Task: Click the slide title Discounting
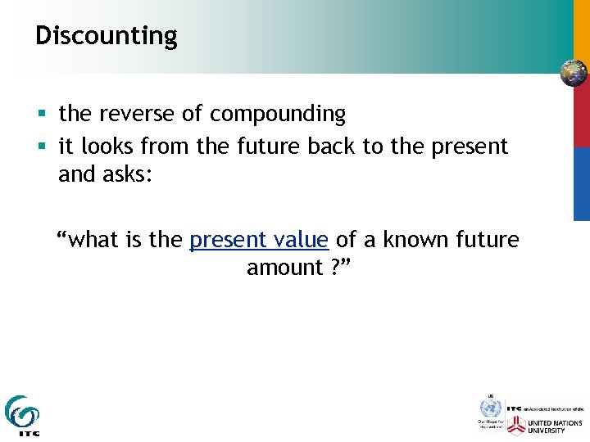click(106, 36)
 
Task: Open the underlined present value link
click(259, 240)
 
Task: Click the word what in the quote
click(93, 240)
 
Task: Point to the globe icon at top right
click(574, 74)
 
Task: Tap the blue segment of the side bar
click(581, 184)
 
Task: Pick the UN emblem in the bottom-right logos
click(489, 406)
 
